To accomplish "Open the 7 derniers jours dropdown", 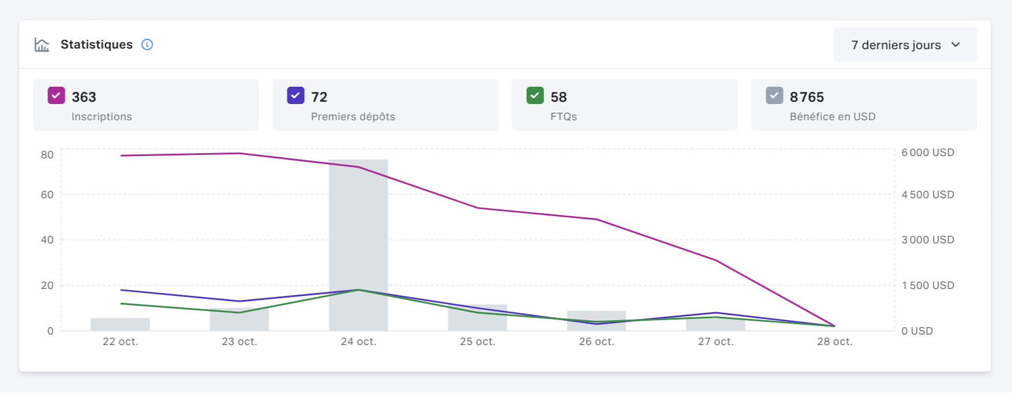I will click(x=904, y=45).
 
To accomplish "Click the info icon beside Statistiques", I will click(x=147, y=45).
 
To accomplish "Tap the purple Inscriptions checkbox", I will click(x=56, y=95).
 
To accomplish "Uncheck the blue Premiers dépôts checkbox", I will click(x=296, y=95).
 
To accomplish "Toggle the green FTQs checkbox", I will click(x=535, y=95).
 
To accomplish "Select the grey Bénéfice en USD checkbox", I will click(x=774, y=95).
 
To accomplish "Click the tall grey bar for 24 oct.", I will click(x=359, y=231).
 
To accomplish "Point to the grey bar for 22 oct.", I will click(x=120, y=325).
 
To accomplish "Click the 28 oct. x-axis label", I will click(x=834, y=342).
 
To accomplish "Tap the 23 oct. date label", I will click(x=239, y=342).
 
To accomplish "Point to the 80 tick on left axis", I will click(x=47, y=155).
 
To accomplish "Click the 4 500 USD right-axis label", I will click(x=928, y=195).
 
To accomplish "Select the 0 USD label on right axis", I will click(x=917, y=331).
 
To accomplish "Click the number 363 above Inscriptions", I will click(x=84, y=97).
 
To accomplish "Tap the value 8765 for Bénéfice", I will click(x=807, y=97).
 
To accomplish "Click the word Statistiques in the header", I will click(x=97, y=45).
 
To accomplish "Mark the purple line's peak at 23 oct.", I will click(x=239, y=153).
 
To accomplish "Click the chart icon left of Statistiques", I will click(x=42, y=45).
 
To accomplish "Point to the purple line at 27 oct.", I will click(x=716, y=260).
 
